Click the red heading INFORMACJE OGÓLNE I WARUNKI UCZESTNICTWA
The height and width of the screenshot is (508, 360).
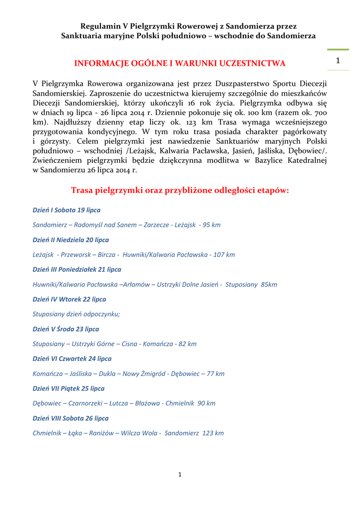pyautogui.click(x=180, y=63)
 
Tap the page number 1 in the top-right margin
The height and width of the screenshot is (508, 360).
pyautogui.click(x=338, y=61)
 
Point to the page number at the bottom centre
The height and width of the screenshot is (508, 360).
pyautogui.click(x=180, y=475)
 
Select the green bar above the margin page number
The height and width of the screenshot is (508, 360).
pyautogui.click(x=338, y=50)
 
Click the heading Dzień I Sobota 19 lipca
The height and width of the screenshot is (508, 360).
pyautogui.click(x=67, y=210)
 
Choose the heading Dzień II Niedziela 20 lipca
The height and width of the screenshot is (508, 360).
pyautogui.click(x=71, y=240)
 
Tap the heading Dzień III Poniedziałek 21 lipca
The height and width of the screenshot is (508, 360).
pyautogui.click(x=77, y=269)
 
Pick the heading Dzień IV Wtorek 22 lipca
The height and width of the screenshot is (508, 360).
pyautogui.click(x=69, y=299)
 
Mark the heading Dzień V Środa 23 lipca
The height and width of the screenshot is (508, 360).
pyautogui.click(x=66, y=329)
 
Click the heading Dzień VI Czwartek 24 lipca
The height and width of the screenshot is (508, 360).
pyautogui.click(x=72, y=358)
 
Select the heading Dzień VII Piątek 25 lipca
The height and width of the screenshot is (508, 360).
pyautogui.click(x=69, y=388)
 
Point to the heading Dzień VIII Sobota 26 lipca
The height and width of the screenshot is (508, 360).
pyautogui.click(x=71, y=418)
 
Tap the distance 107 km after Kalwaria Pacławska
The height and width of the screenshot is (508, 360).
pyautogui.click(x=224, y=254)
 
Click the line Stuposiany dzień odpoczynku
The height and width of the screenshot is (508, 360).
pyautogui.click(x=76, y=314)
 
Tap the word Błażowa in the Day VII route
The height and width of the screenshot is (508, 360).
pyautogui.click(x=148, y=403)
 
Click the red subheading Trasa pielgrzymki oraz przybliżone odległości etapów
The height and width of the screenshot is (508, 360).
pyautogui.click(x=180, y=190)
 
